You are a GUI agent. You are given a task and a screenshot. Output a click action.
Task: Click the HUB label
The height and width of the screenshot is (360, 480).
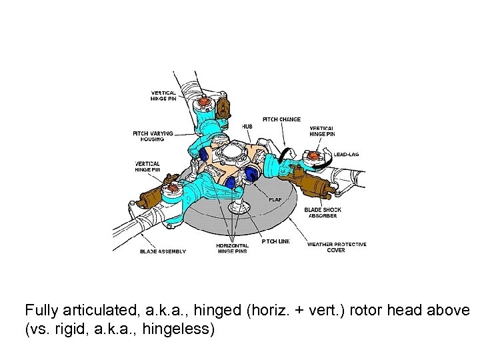247,126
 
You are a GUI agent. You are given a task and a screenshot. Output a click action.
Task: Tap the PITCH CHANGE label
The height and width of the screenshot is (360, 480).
281,119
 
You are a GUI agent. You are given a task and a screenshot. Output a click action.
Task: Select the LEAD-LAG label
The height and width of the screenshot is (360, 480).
346,154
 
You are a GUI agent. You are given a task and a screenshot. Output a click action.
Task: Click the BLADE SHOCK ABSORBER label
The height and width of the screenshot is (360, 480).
323,213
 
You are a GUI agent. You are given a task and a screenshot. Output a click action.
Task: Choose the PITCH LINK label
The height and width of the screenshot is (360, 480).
275,241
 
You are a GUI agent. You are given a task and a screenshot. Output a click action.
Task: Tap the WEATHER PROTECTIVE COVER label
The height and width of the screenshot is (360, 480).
336,247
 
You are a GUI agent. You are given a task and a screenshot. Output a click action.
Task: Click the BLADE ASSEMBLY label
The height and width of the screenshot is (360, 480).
163,251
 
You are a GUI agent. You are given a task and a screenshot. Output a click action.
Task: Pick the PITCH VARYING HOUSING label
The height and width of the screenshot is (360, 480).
153,136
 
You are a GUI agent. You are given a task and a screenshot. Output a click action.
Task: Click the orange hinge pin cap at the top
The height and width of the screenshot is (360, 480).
203,103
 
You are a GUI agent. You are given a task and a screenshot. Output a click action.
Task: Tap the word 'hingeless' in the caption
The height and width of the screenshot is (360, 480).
181,329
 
